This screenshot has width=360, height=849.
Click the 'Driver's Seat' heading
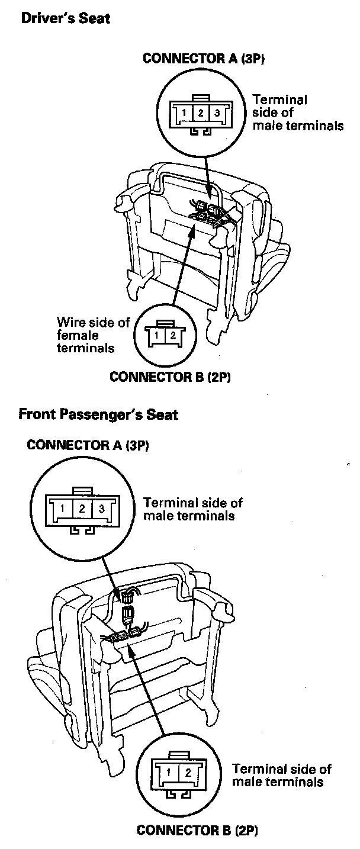coord(65,19)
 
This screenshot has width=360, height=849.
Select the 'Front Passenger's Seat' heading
coord(98,414)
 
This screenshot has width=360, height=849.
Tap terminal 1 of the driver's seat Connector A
coord(185,112)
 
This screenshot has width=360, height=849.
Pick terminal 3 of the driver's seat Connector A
coord(217,112)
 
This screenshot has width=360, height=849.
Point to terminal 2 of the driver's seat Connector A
coord(201,112)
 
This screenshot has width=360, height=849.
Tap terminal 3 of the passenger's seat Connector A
coord(101,507)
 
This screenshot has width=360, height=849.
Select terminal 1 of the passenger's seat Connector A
coord(62,507)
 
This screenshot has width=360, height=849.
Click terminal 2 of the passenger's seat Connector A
coord(82,507)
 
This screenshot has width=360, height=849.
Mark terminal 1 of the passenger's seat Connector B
coord(169,773)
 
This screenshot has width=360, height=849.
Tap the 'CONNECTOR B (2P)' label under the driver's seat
coord(170,378)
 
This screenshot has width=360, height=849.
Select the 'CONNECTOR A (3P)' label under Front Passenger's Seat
coord(88,445)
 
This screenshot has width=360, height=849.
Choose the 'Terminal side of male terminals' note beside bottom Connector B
coord(281,776)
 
